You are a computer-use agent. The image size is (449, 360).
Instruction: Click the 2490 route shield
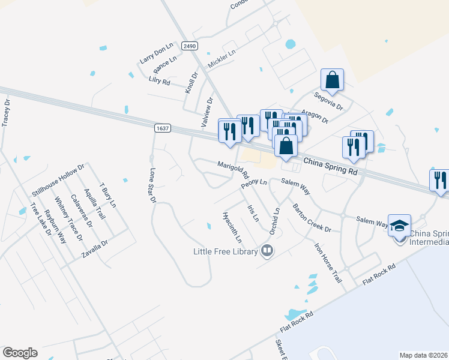[x=189, y=46]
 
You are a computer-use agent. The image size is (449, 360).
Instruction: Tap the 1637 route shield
[x=162, y=128]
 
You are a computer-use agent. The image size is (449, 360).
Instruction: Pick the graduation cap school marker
[x=400, y=226]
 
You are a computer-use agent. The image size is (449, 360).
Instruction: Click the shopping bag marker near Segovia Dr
[x=332, y=80]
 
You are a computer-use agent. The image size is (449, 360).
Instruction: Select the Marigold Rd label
[x=233, y=170]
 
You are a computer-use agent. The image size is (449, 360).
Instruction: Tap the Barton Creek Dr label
[x=312, y=218]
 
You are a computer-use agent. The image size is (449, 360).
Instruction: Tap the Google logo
[x=20, y=353]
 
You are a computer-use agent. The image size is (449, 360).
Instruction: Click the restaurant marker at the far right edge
[x=440, y=181]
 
